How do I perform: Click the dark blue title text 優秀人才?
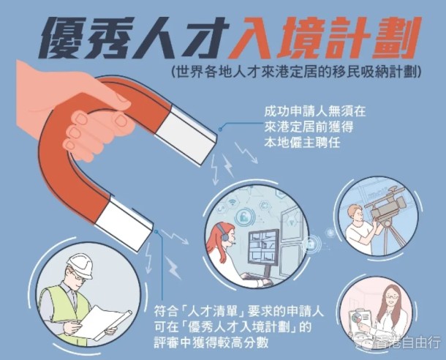134,37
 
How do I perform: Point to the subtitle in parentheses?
296,72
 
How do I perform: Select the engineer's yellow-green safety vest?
64,310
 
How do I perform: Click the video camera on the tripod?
387,203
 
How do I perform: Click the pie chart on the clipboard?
356,318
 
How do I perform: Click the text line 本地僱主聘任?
302,142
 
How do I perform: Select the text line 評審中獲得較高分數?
211,343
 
